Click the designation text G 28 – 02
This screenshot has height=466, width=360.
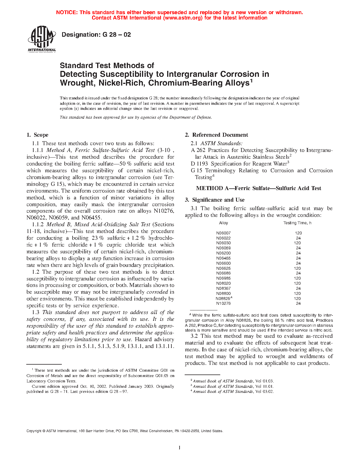[x=96, y=35]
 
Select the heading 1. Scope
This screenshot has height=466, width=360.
[x=38, y=135]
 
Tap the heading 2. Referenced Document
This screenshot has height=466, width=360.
[x=216, y=135]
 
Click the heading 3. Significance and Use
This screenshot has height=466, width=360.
[x=215, y=200]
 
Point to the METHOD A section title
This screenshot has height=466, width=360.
[x=258, y=188]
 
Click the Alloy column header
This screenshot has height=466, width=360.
[x=223, y=223]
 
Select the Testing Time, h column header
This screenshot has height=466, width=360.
[x=297, y=223]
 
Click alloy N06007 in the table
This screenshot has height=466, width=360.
[x=223, y=233]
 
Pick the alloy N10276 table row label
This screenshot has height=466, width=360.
[x=223, y=303]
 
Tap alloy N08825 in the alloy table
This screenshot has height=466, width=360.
[x=223, y=299]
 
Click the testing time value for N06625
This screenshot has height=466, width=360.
[x=297, y=268]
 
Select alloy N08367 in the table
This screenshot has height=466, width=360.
[x=223, y=288]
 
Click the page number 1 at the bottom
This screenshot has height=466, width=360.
[x=180, y=447]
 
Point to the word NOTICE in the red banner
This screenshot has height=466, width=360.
[x=67, y=12]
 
